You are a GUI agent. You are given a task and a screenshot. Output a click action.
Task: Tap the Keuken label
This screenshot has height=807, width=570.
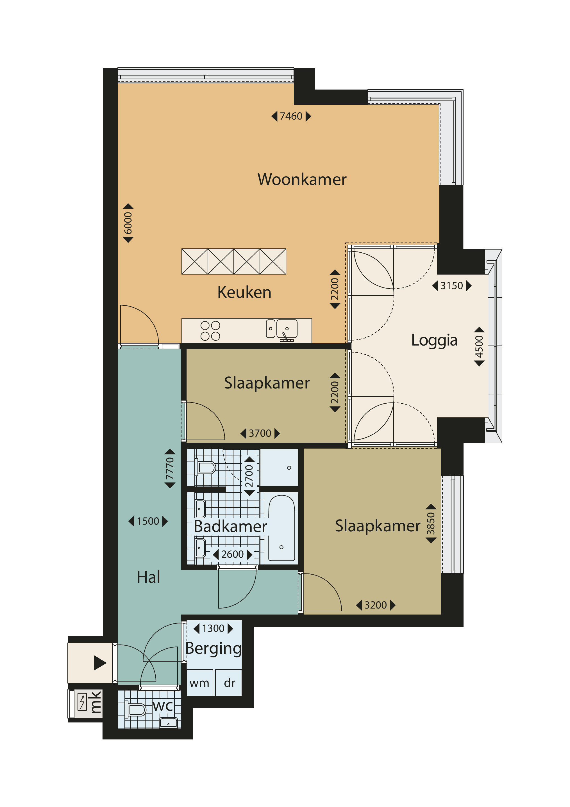tap(244, 292)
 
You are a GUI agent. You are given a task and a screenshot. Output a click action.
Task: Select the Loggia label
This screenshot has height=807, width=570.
tap(434, 340)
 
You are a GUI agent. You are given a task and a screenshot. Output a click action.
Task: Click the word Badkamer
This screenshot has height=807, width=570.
tap(230, 526)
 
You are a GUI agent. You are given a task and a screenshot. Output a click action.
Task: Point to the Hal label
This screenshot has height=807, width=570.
tap(149, 577)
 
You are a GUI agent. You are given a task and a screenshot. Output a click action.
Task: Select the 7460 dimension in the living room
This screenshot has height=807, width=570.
tap(291, 116)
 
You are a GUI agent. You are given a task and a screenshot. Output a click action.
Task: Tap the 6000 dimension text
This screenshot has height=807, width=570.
tap(128, 223)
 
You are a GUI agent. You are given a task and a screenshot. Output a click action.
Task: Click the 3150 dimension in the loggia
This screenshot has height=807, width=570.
tap(451, 286)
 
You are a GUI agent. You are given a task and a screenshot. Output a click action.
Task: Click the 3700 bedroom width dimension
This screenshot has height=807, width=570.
tap(260, 433)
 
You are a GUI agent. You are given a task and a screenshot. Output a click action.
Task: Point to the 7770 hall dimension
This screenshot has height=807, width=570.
tap(170, 468)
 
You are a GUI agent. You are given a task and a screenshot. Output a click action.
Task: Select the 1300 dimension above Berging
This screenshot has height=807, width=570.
tap(213, 628)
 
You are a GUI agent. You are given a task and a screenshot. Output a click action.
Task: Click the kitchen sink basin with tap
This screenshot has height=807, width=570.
tap(287, 329)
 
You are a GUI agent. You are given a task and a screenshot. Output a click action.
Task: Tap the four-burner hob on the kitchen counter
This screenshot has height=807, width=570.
tap(210, 331)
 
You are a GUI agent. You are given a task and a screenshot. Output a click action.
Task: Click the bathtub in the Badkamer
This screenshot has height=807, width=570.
tap(281, 528)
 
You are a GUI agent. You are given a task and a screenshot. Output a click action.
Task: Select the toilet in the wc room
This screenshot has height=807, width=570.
tap(135, 710)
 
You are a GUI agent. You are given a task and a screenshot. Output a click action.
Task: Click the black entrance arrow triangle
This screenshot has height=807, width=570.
tap(100, 663)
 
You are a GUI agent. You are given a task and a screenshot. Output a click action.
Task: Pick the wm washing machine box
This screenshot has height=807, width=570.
tap(199, 683)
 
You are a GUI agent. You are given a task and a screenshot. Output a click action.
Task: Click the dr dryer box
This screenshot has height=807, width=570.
tap(229, 683)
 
